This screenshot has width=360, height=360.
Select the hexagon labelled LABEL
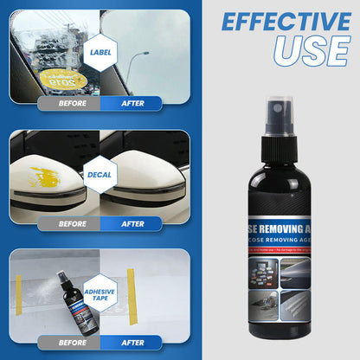(100, 52)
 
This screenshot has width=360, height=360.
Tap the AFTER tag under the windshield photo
(132, 104)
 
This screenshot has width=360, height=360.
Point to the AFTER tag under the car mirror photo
(132, 223)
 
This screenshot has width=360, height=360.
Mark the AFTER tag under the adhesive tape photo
(132, 342)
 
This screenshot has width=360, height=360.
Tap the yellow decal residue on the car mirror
(45, 180)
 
